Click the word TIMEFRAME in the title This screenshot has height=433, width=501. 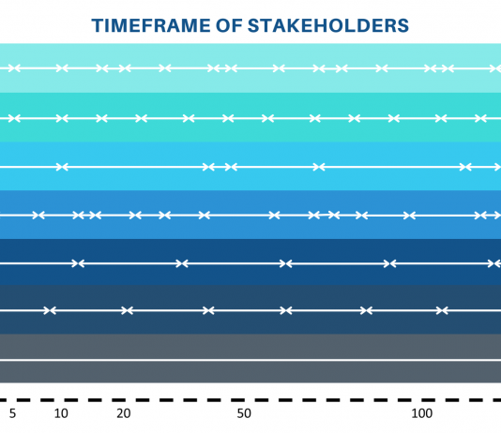pos(151,25)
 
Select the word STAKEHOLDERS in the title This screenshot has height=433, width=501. pos(328,25)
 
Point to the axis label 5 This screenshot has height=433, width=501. pos(12,413)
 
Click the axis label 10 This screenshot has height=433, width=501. pos(61,413)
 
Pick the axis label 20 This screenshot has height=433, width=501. pos(124,413)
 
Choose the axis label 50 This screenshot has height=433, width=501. pos(244,413)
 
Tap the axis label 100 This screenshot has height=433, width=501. pos(422,413)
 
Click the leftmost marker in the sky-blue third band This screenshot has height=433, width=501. pos(62,167)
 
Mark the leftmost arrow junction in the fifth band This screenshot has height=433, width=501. pos(78,263)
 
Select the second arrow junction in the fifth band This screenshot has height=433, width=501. pos(182,263)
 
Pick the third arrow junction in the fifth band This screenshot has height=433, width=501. pos(285,263)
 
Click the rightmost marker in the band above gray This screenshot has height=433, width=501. pos(442,310)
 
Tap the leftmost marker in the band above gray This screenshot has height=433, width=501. pos(50,310)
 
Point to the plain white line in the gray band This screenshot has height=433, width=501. pos(250,360)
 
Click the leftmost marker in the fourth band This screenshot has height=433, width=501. pos(38,216)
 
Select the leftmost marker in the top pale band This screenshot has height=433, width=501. pos(14,68)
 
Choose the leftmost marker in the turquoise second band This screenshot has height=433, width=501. pos(14,118)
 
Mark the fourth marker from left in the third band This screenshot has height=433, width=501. pos(319,167)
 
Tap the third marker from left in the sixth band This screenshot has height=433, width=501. pos(208,310)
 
